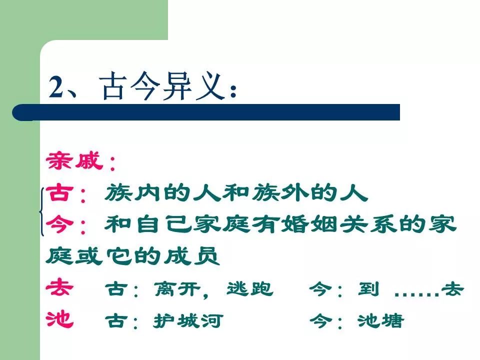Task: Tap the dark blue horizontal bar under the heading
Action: [x=206, y=112]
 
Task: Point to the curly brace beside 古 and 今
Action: [x=41, y=212]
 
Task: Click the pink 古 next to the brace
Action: [x=59, y=193]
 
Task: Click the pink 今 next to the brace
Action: [x=59, y=224]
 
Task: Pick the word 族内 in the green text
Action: [x=132, y=193]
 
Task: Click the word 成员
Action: [x=192, y=256]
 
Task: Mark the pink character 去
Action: [x=59, y=288]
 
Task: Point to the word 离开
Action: [x=177, y=289]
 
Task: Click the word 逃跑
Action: [x=250, y=289]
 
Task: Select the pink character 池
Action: [x=59, y=319]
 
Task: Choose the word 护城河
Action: [x=188, y=321]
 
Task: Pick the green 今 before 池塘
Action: [x=320, y=321]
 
